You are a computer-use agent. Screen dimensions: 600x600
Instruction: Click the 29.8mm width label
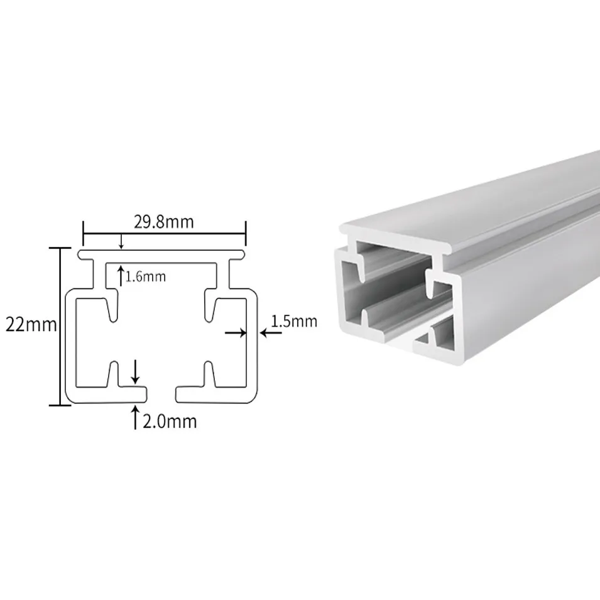(163, 222)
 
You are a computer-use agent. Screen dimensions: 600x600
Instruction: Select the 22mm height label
(31, 325)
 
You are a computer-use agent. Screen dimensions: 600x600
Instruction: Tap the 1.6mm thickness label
(146, 276)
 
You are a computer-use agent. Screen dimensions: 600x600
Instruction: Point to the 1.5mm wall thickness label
(294, 322)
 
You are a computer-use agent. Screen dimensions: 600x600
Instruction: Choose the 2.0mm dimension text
(169, 421)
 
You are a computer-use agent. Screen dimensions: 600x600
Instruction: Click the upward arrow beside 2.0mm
(134, 417)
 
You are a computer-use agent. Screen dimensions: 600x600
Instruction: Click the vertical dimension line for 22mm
(61, 325)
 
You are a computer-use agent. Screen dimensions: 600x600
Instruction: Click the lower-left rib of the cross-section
(114, 375)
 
